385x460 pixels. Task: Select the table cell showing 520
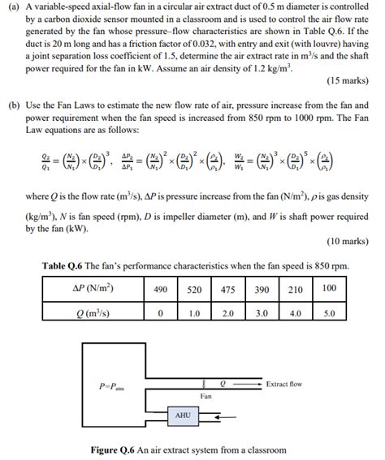(x=194, y=289)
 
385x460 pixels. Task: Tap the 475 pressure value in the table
(x=228, y=289)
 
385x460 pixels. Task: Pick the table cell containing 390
(x=262, y=289)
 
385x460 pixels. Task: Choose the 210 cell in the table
(x=296, y=289)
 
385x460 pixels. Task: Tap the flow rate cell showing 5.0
(x=329, y=312)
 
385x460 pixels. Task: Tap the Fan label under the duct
(x=206, y=395)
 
